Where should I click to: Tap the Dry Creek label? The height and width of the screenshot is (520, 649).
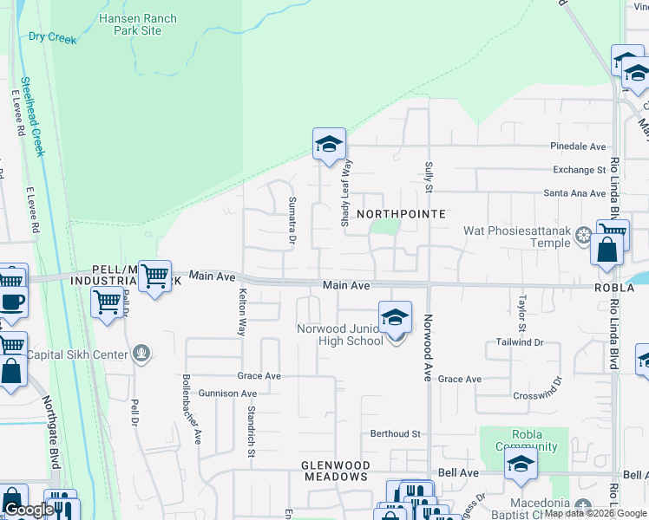pos(52,38)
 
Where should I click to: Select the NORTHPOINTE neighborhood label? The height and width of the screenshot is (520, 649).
pos(401,213)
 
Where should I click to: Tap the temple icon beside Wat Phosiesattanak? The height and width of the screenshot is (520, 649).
pos(585,233)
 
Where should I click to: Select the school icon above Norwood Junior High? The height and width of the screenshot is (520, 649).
pos(395,318)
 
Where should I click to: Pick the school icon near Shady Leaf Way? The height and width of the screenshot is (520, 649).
pos(329,145)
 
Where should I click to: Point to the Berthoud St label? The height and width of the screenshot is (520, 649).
pos(395,433)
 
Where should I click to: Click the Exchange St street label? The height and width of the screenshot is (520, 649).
pos(579,170)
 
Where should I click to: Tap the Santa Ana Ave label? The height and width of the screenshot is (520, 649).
pos(574,193)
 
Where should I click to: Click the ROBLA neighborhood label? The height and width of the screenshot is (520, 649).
pos(615,287)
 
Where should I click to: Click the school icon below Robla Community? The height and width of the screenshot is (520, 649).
pos(521,464)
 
